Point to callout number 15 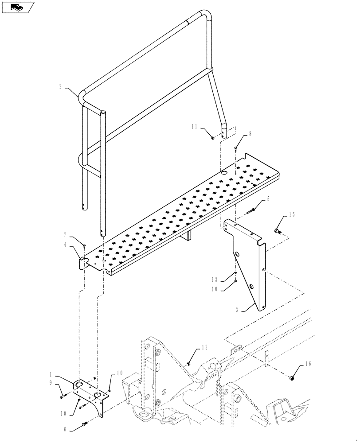coord(292,215)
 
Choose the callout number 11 coord(194,127)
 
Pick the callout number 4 coord(65,244)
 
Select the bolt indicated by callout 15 coord(278,230)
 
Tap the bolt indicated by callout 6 coord(84,427)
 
